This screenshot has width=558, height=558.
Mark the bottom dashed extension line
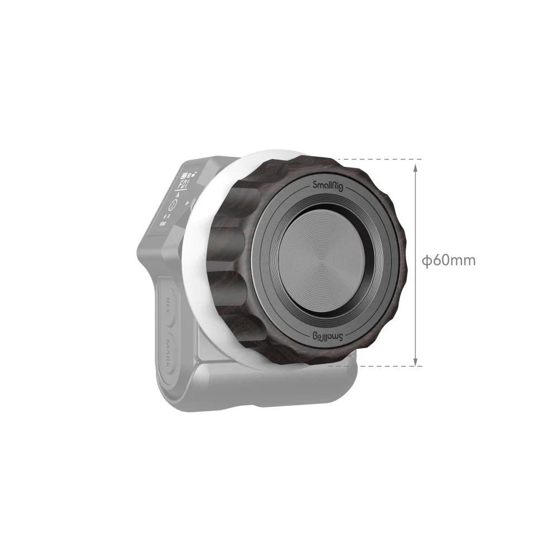(x=385, y=367)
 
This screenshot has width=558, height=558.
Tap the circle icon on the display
(x=173, y=205)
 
